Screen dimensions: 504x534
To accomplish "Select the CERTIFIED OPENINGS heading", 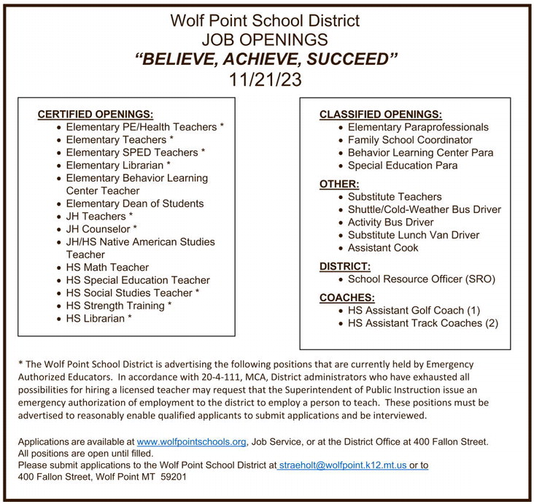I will tap(95, 115).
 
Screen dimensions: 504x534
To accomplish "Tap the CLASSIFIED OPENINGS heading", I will tap(380, 115).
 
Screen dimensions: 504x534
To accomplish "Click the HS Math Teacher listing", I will tap(107, 268).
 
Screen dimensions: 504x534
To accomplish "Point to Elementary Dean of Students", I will tap(135, 203).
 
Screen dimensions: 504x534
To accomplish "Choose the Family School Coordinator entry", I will tap(410, 140).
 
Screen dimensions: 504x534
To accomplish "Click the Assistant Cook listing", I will tap(383, 248).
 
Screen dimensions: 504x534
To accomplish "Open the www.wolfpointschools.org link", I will tap(192, 442).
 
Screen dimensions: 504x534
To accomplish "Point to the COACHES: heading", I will tap(347, 298).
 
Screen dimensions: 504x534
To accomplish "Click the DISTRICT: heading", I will tap(345, 267).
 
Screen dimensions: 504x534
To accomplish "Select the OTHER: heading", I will tap(339, 185).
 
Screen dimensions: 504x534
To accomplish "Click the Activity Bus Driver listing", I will tap(390, 222).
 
